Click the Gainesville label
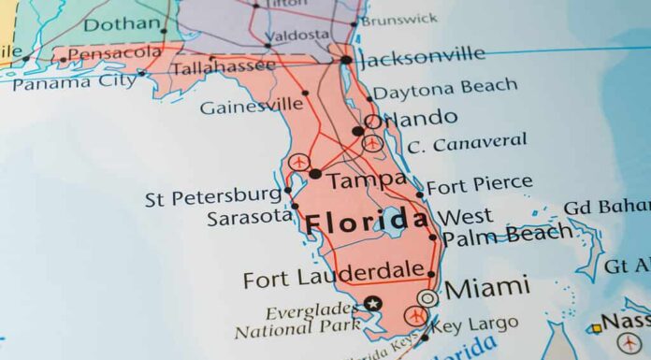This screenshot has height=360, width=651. (x=252, y=105)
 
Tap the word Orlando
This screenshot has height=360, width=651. (x=412, y=119)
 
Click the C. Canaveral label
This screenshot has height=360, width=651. (x=468, y=142)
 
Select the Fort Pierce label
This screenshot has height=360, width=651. (x=480, y=183)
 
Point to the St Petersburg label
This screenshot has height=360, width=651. (x=213, y=198)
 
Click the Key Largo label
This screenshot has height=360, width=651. (x=476, y=324)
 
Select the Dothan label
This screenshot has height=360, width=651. (x=121, y=23)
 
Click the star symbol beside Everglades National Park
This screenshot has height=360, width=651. (x=373, y=303)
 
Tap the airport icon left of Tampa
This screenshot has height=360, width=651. (x=298, y=163)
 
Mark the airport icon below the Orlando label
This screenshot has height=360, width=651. (x=372, y=143)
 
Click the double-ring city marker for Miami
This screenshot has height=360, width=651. (x=427, y=297)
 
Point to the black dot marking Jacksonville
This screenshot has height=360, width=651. (x=346, y=60)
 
